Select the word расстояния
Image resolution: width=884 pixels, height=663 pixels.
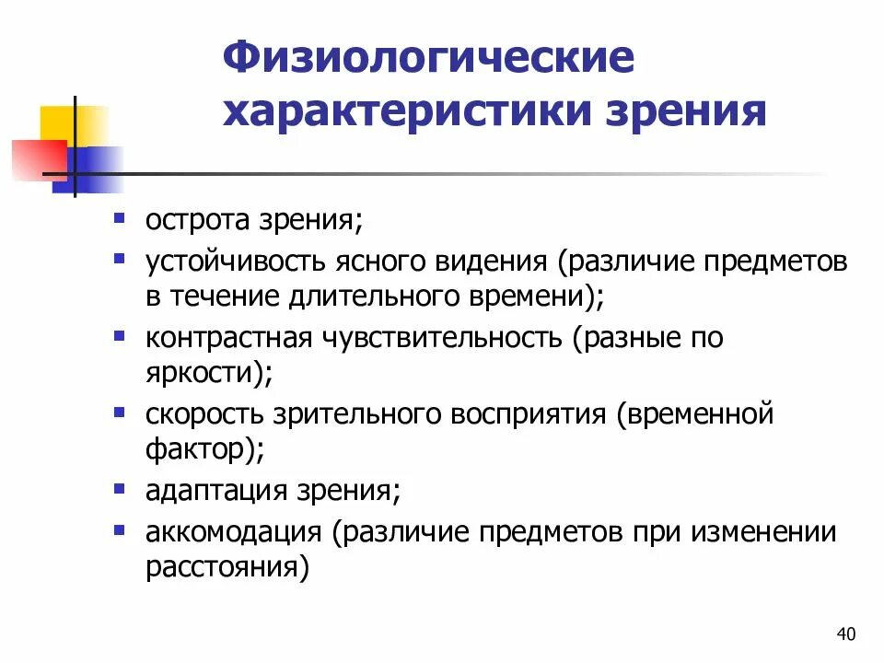[x=218, y=567]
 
